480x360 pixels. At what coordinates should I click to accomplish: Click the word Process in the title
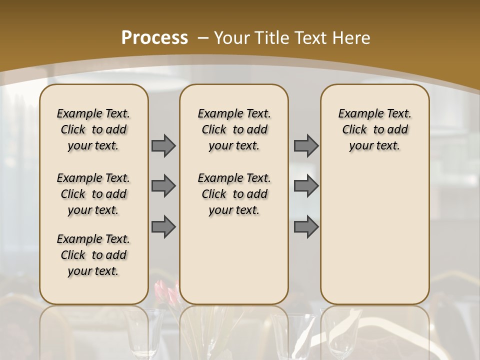pos(154,38)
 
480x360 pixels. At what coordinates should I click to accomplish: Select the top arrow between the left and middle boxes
pos(163,145)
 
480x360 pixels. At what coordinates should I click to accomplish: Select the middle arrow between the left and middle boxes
pos(163,186)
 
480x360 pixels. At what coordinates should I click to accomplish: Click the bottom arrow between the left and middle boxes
pos(163,226)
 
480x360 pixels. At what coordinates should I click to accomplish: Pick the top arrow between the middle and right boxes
pos(306,145)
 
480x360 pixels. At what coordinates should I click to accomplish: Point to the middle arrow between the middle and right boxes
pos(306,186)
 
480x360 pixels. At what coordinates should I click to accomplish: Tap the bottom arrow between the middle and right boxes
pos(306,226)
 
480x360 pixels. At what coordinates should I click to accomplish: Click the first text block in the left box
pos(93,129)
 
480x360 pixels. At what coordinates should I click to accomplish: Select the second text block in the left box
pos(93,194)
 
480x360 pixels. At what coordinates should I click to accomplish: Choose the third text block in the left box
pos(93,255)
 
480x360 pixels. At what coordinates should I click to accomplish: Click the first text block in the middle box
pos(234,129)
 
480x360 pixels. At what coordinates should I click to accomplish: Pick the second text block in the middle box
pos(234,194)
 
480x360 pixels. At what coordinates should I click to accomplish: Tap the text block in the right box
pos(374,129)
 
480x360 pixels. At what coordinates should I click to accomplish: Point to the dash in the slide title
pos(203,38)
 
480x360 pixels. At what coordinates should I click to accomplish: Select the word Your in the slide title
pos(232,38)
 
